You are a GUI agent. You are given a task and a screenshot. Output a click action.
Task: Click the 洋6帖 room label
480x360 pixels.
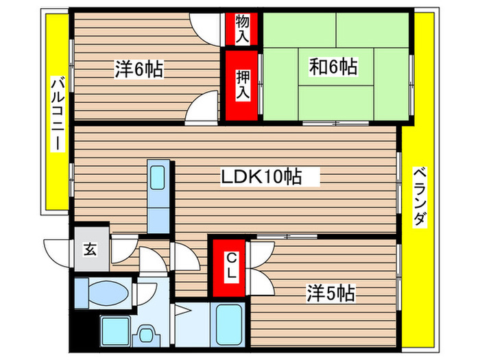pyautogui.click(x=139, y=69)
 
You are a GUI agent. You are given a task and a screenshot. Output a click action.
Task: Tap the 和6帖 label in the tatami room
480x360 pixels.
pyautogui.click(x=333, y=67)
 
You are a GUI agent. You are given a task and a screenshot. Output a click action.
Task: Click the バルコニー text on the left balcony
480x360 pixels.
pyautogui.click(x=57, y=115)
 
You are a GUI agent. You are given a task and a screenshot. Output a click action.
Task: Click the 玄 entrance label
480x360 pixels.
pyautogui.click(x=90, y=248)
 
